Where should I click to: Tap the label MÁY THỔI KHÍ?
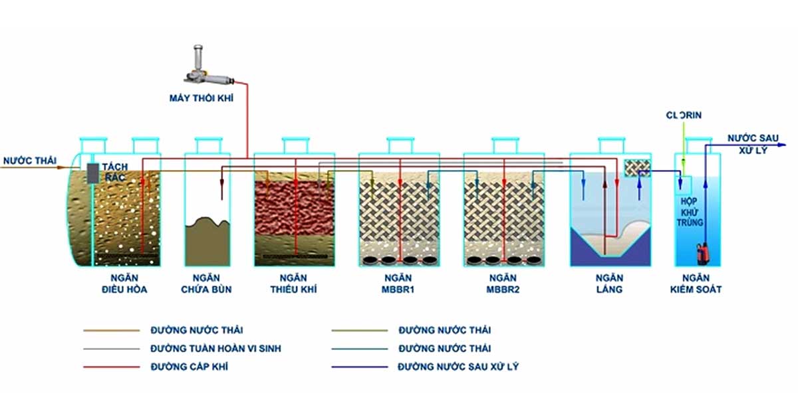point(201,98)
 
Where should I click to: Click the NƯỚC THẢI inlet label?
point(30,161)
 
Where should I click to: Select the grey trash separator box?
point(93,173)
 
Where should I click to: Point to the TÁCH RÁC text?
point(114,172)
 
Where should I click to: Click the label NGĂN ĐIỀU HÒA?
point(124,284)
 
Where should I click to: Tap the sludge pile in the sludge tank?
point(207,241)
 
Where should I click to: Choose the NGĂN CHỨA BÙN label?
point(206,284)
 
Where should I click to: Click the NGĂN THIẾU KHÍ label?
point(293,284)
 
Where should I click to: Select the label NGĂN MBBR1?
point(398,284)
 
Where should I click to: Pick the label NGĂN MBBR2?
point(503,284)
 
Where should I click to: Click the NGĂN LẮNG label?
point(609,284)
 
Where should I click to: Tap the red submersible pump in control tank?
point(704,254)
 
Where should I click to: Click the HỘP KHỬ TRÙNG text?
point(690,212)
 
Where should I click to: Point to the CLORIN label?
point(684,116)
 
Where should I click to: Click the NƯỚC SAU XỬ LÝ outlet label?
point(753,143)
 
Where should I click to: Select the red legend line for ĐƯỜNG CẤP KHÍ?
point(112,367)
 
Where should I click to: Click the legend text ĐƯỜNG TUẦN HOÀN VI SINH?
point(216,349)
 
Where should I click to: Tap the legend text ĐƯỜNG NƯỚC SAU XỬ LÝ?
point(458,367)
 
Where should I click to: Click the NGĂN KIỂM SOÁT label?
point(696,284)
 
